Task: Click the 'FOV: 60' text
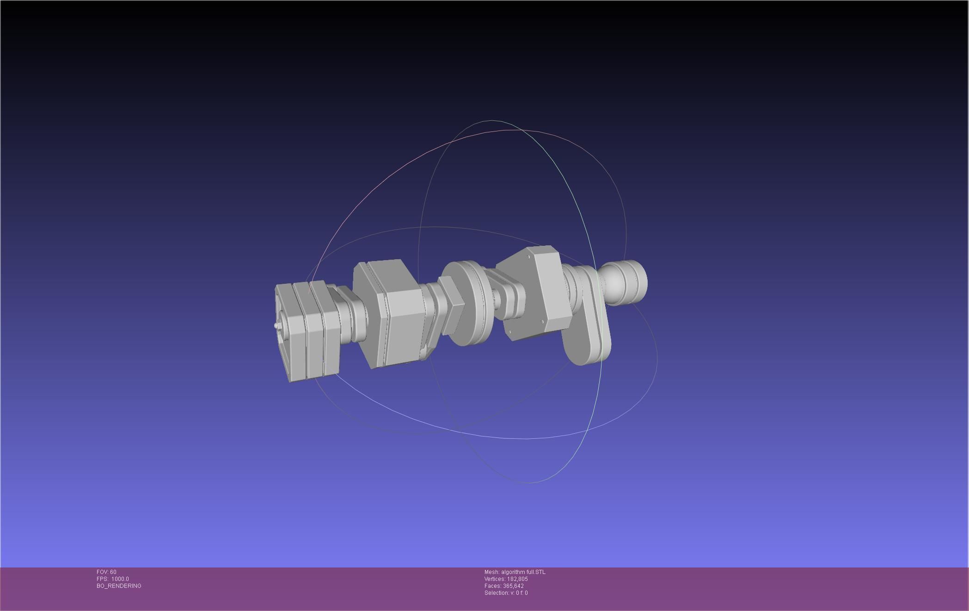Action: [106, 572]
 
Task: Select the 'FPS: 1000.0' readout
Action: [113, 579]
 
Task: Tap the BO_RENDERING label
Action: [119, 586]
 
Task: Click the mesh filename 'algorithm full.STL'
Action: [523, 572]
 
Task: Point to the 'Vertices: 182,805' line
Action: [506, 579]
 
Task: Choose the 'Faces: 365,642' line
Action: [504, 586]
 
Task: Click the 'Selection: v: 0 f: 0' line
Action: [506, 593]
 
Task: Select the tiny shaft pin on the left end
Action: [276, 326]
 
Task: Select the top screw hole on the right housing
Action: [528, 256]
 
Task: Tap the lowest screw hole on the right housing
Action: [510, 331]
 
